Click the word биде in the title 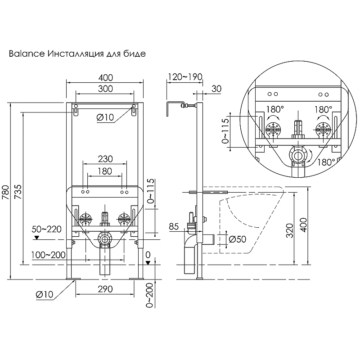pos(135,54)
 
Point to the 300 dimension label pos(105,89)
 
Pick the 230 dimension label pos(105,159)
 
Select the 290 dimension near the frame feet pos(105,289)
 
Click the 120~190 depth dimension pos(184,77)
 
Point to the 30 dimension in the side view pos(216,89)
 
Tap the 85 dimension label pos(174,227)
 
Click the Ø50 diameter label pos(238,239)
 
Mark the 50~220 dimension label pos(46,229)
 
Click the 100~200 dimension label pos(48,255)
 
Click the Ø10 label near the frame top pos(106,117)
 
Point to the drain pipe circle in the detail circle pos(297,156)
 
